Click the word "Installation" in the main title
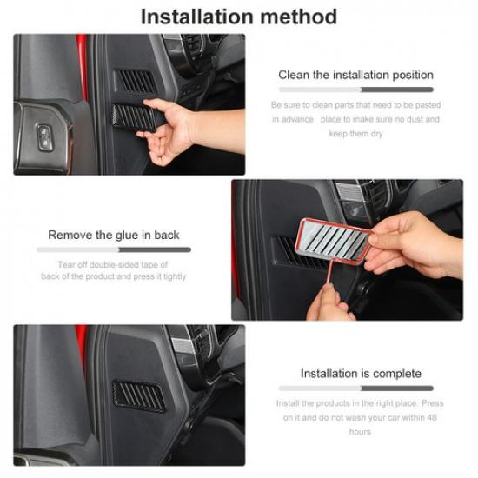[x=192, y=16]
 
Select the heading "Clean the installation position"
[x=355, y=75]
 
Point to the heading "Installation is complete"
[x=355, y=373]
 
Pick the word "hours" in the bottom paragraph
[x=360, y=432]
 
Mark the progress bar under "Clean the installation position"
[x=355, y=90]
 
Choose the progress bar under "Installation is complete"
[x=355, y=388]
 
